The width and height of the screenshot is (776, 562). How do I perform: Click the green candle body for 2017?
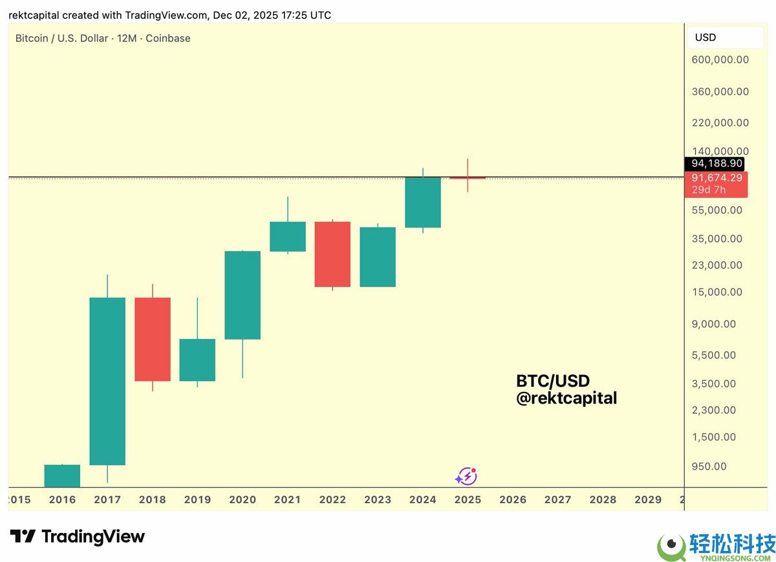(x=107, y=381)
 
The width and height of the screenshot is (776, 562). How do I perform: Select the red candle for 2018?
(x=153, y=339)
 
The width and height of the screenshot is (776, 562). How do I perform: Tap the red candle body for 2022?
(x=332, y=254)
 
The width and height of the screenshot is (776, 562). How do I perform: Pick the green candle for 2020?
(x=242, y=295)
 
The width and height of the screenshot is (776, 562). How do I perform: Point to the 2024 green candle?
(x=423, y=202)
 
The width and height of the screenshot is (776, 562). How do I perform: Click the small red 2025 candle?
(x=468, y=178)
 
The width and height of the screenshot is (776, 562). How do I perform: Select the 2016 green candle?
(x=62, y=475)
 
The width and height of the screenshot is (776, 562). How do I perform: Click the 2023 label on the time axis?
(x=378, y=499)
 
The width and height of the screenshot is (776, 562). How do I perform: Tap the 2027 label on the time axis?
(x=558, y=499)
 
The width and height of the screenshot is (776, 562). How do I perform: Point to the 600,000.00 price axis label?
(x=720, y=60)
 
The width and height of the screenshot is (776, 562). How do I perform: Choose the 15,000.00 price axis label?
(x=717, y=292)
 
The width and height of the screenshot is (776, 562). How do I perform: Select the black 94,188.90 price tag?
(x=716, y=164)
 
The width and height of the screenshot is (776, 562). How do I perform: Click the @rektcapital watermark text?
(x=566, y=398)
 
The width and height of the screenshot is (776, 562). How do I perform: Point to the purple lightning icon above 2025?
(x=466, y=477)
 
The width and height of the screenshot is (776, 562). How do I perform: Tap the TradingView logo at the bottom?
(x=78, y=536)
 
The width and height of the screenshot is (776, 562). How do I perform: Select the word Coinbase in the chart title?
(x=168, y=38)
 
